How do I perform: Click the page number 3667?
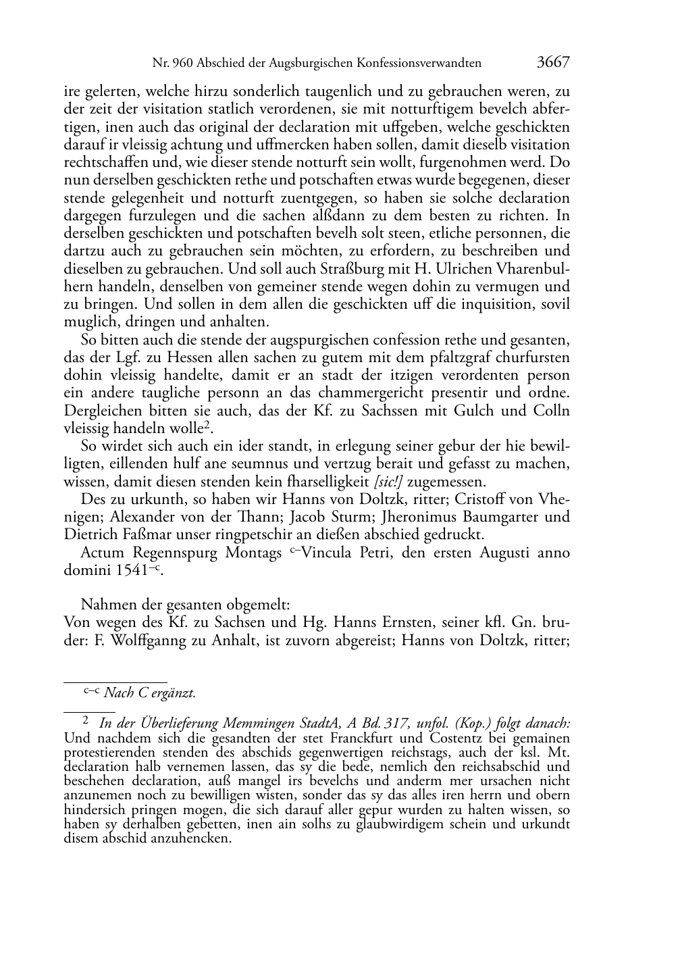[x=553, y=62]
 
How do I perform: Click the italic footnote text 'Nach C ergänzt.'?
[x=150, y=692]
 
